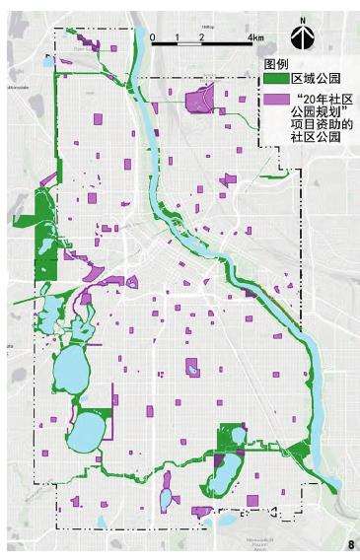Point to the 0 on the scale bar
[x=153, y=36]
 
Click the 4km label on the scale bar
[x=255, y=36]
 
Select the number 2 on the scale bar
[x=201, y=36]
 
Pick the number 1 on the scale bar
[x=178, y=36]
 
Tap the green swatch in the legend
[x=276, y=79]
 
